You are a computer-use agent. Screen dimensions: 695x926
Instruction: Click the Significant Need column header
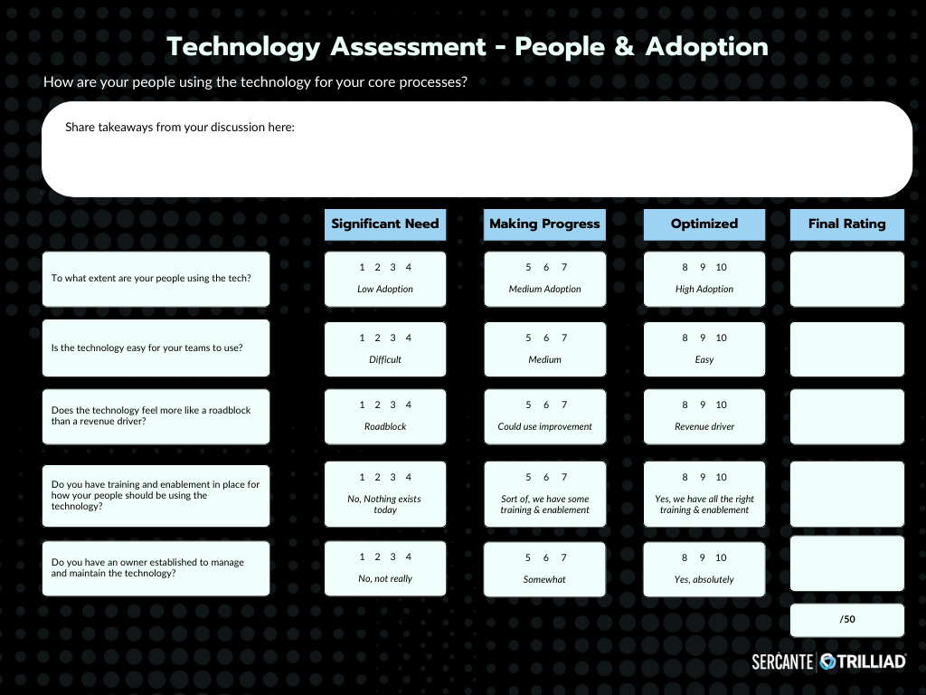385,224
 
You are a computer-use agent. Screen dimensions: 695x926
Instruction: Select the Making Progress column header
544,224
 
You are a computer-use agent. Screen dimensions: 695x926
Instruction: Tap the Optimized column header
704,224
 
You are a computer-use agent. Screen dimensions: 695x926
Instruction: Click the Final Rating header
846,224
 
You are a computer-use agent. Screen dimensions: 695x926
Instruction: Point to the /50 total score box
846,620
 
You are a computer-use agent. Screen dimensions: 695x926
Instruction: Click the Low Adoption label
385,290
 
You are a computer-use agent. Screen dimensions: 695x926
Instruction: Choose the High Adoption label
704,290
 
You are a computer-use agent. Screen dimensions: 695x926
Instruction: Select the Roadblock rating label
385,427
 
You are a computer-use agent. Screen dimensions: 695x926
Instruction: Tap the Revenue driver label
704,427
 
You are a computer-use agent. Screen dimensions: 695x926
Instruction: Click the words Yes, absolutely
704,580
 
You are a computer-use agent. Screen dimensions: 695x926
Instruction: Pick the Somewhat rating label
544,580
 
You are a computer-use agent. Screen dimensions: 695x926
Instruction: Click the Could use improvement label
544,427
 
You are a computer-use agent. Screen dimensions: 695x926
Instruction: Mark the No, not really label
385,579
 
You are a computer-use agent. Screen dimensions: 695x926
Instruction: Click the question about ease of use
147,348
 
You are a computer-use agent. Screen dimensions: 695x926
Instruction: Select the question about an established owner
147,568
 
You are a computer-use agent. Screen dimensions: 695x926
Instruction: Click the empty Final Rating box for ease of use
846,348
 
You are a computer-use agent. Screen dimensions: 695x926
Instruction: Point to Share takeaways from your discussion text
180,128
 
